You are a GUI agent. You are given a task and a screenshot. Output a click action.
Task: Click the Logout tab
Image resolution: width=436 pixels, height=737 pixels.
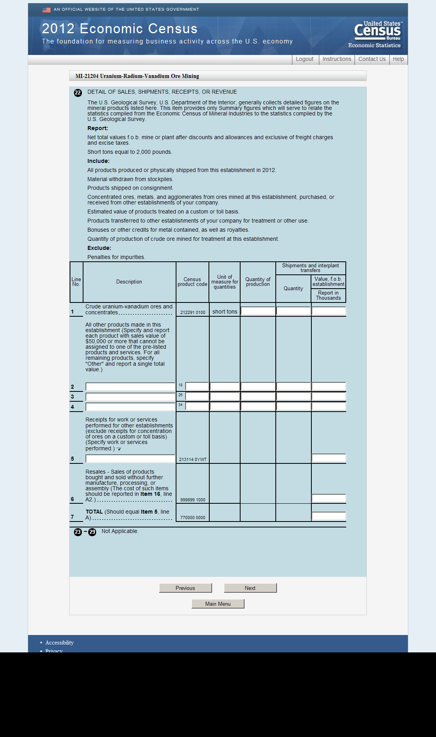tap(304, 59)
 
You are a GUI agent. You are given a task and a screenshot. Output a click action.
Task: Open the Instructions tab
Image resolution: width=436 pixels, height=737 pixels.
tap(337, 59)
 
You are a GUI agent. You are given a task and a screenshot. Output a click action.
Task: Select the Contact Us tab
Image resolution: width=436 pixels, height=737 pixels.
tap(372, 59)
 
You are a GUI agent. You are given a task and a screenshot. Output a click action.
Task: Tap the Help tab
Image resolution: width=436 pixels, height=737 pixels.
tap(398, 59)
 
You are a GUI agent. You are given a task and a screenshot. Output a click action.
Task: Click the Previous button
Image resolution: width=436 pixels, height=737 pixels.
tap(185, 588)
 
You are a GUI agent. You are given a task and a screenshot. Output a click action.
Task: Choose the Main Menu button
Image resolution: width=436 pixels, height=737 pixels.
tap(218, 604)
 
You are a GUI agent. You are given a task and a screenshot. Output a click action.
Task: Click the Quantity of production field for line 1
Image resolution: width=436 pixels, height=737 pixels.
tap(258, 311)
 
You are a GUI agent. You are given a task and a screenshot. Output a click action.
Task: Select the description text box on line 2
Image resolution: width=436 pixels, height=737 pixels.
tap(130, 387)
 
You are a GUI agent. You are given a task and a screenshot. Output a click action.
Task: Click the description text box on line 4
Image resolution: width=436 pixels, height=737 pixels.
tap(130, 407)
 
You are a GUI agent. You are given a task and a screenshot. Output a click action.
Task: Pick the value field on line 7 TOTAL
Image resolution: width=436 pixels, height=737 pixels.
tap(328, 516)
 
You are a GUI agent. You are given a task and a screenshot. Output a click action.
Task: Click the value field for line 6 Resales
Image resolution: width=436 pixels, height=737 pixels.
tap(328, 499)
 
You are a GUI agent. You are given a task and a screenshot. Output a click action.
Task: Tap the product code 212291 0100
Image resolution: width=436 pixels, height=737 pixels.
tap(193, 312)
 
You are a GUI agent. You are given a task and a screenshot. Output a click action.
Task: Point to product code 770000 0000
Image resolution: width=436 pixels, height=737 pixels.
tap(193, 518)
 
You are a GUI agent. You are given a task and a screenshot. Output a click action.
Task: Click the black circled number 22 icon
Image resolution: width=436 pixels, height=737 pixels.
tap(78, 93)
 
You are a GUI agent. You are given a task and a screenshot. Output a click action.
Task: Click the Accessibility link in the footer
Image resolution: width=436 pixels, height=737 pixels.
tap(59, 643)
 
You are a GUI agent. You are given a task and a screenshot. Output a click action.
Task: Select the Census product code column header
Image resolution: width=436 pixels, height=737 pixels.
tap(192, 282)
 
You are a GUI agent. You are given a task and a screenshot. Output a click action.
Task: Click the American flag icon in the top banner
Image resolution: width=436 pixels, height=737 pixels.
tap(46, 10)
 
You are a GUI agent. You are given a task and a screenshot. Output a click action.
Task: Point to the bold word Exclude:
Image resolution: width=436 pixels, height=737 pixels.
tap(99, 248)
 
